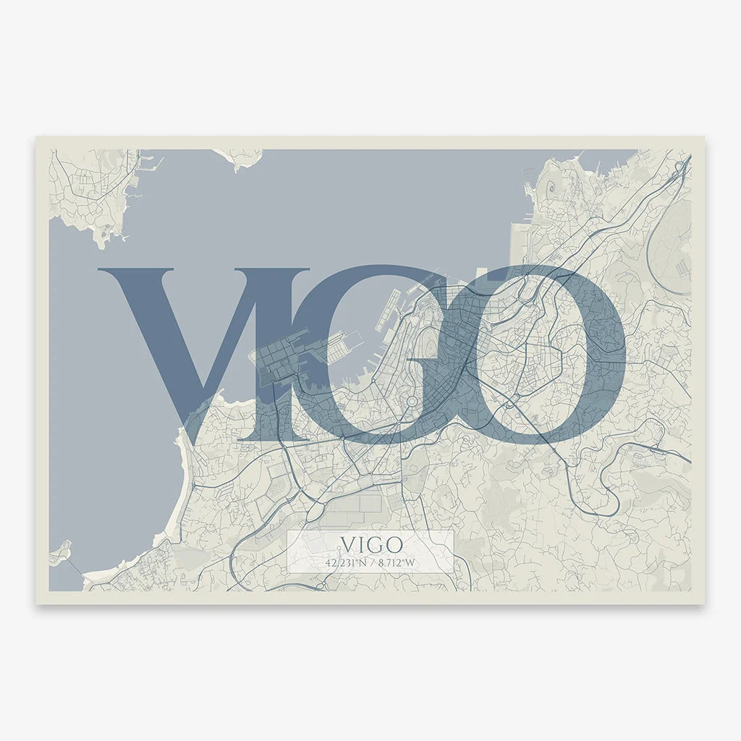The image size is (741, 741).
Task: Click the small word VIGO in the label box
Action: [370, 543]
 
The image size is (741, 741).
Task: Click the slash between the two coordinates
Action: [371, 562]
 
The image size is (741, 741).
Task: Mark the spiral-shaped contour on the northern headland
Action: [551, 187]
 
